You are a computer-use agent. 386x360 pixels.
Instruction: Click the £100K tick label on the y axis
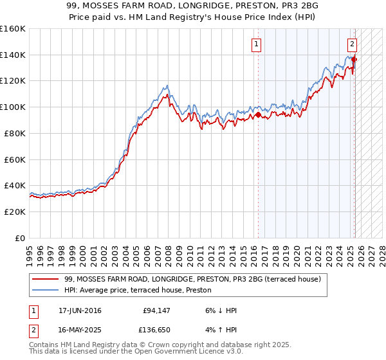[x=12, y=107]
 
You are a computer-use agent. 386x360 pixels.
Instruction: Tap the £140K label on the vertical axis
[x=12, y=55]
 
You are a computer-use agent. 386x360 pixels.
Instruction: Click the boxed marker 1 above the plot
[x=257, y=44]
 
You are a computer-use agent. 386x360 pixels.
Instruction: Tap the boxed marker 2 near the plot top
[x=353, y=44]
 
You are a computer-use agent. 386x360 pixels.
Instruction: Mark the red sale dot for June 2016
[x=258, y=115]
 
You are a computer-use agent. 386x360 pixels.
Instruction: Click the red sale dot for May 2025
[x=354, y=59]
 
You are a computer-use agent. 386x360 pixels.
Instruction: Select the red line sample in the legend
[x=46, y=280]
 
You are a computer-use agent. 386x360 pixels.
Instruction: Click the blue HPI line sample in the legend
[x=46, y=291]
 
